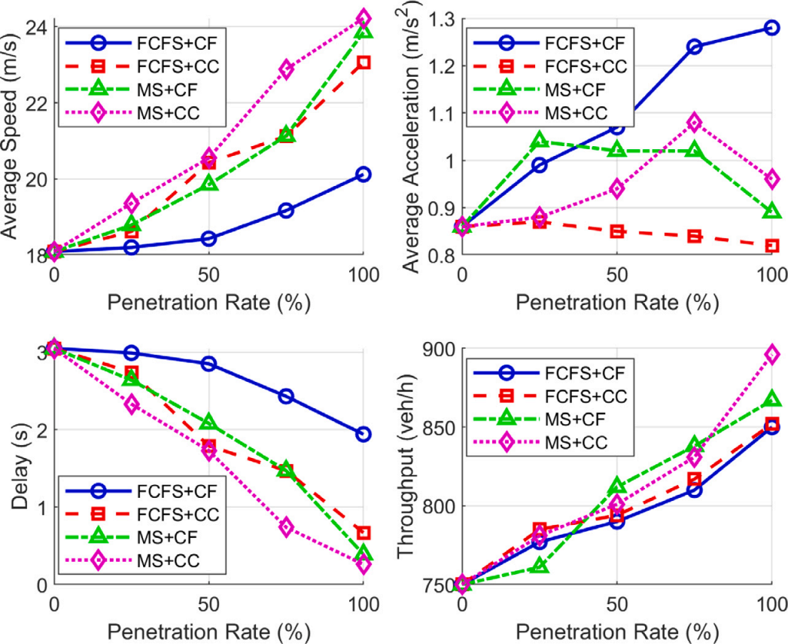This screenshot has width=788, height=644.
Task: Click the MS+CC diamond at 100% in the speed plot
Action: pos(363,17)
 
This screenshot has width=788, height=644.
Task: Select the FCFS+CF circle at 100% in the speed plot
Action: pos(363,175)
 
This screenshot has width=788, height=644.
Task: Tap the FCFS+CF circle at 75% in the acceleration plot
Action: pos(694,47)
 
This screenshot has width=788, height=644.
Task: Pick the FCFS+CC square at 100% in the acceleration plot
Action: pos(771,246)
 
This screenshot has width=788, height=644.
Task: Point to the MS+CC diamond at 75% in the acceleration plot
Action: pos(694,122)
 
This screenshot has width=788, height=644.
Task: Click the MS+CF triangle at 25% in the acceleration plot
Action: pos(539,141)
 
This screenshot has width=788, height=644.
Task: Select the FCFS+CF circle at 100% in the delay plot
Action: pos(363,434)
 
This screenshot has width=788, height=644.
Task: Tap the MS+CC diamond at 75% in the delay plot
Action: pos(285,526)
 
